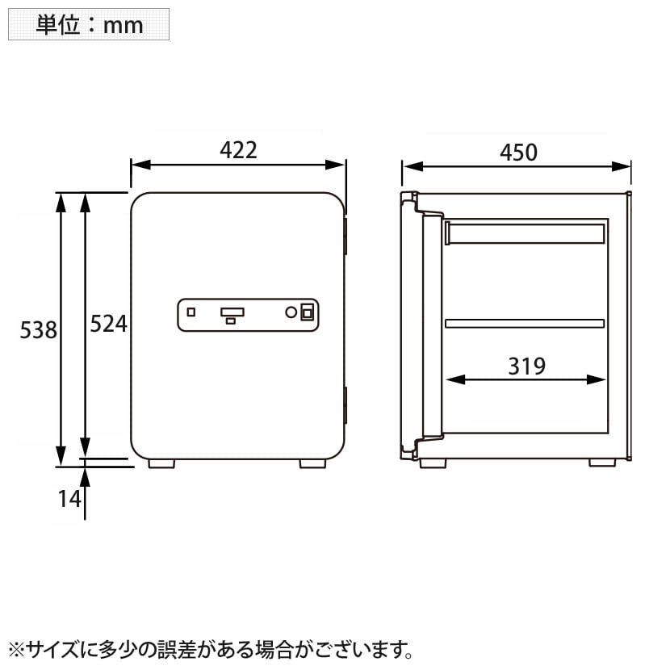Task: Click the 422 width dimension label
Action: [x=238, y=149]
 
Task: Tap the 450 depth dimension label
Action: [x=518, y=152]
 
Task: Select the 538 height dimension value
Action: [x=39, y=330]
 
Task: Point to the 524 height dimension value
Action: [x=108, y=324]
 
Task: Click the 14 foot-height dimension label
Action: [x=69, y=499]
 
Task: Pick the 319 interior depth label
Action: [x=526, y=366]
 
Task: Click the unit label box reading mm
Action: [x=89, y=24]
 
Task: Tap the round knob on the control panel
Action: [x=291, y=312]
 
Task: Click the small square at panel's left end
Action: [x=191, y=312]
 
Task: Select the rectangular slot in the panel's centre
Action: [x=232, y=312]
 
